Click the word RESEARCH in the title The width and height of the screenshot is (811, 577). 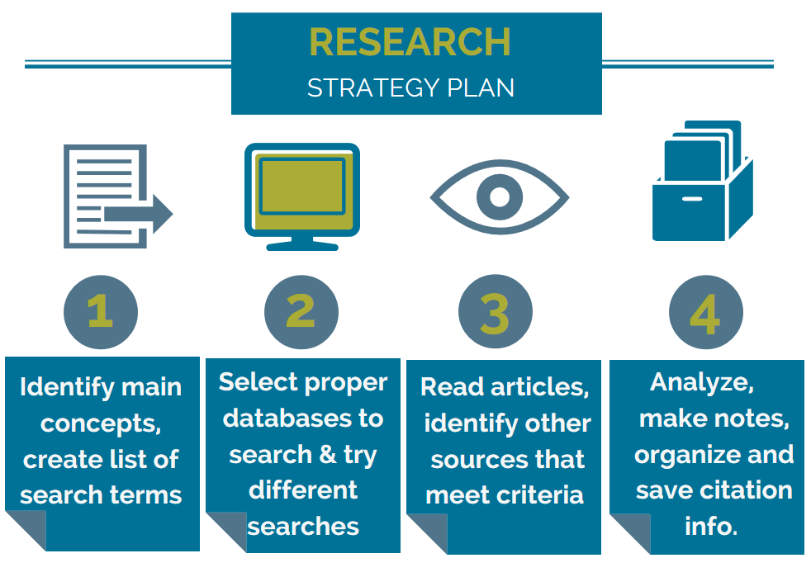pyautogui.click(x=410, y=42)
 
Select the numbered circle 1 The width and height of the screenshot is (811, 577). pyautogui.click(x=101, y=313)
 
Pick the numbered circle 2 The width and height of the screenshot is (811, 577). pyautogui.click(x=301, y=313)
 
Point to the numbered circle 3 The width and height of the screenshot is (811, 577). pyautogui.click(x=495, y=313)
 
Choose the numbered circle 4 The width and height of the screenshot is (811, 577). pyautogui.click(x=705, y=313)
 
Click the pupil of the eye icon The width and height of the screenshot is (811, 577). pyautogui.click(x=499, y=196)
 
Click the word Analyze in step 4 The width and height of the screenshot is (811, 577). pyautogui.click(x=702, y=382)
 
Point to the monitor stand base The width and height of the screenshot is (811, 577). pyautogui.click(x=301, y=245)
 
